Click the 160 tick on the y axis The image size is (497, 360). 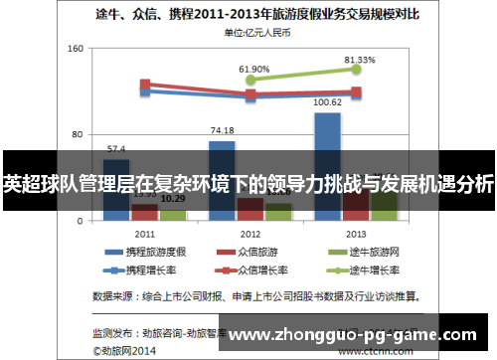click(75, 49)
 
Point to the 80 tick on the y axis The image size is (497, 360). click(78, 133)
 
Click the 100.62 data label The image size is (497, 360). click(328, 102)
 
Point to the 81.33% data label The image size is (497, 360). click(360, 60)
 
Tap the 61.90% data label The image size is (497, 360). click(254, 69)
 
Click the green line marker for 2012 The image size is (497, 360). click(250, 80)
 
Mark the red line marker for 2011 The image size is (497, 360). click(145, 85)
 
